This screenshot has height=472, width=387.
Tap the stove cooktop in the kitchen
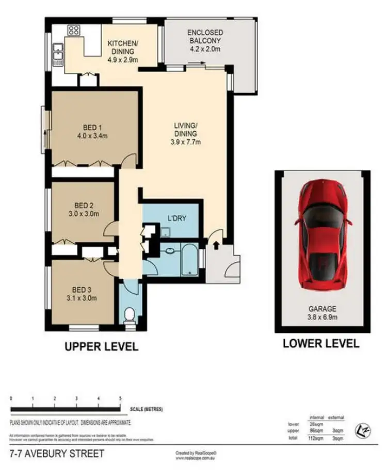point(73,30)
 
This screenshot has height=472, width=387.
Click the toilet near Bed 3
point(130,314)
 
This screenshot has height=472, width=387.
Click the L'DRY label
point(176,218)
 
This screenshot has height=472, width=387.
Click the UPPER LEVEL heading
point(101,347)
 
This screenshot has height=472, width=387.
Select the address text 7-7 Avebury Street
point(57,454)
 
